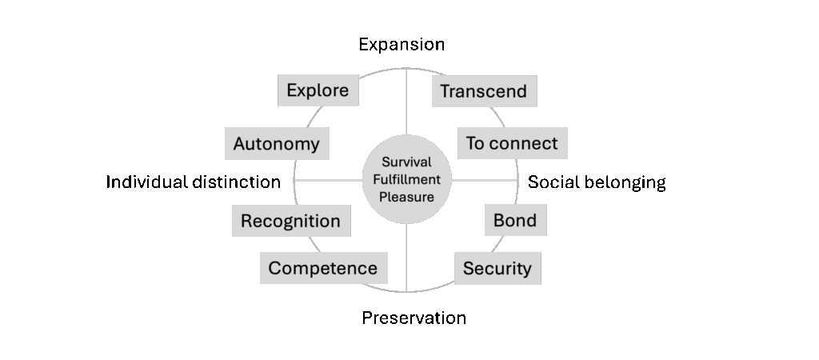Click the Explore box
tap(318, 90)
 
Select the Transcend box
tap(483, 91)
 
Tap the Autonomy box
tap(276, 144)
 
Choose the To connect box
tap(512, 143)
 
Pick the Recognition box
tap(290, 221)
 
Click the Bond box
tap(515, 220)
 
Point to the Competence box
tap(323, 268)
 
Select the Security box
tap(497, 268)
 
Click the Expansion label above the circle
tap(402, 44)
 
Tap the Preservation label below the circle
tap(413, 318)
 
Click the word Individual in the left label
tap(147, 182)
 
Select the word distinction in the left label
tap(237, 182)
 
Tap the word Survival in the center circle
tap(406, 162)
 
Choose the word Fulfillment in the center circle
tap(406, 179)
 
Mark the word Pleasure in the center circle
tap(406, 197)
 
